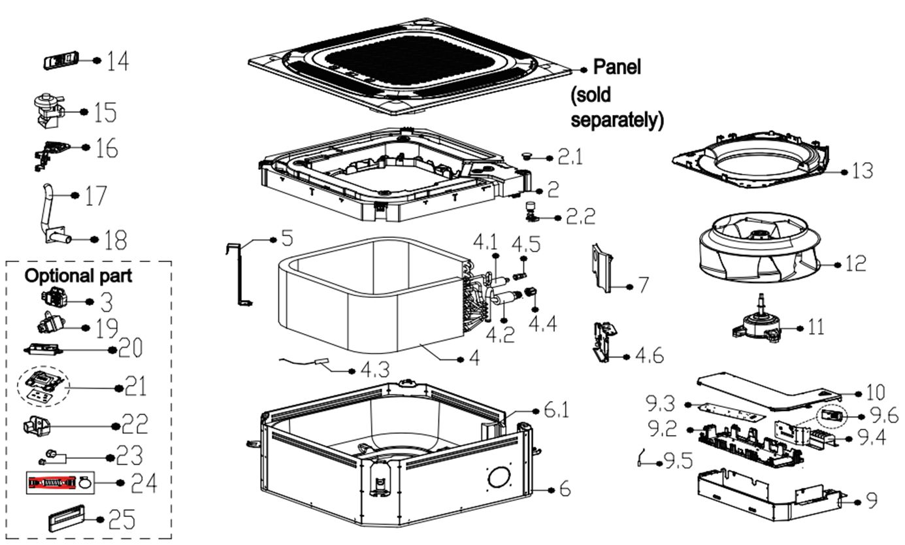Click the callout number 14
point(118,61)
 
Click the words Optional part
point(78,276)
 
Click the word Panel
point(617,67)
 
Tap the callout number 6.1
point(556,411)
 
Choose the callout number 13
point(863,171)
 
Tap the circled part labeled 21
point(44,386)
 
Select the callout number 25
point(122,520)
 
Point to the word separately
point(617,120)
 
